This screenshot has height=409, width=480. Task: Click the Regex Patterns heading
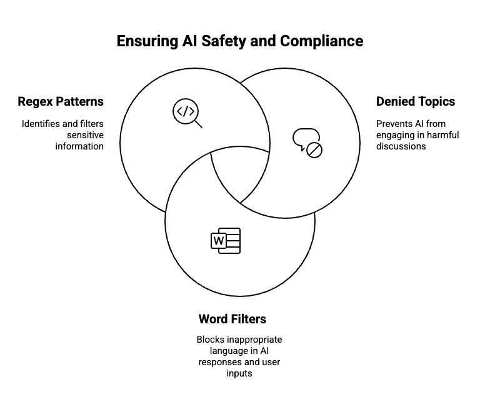point(61,101)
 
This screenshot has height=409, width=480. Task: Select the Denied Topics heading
point(415,101)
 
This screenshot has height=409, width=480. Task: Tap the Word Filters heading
point(232,319)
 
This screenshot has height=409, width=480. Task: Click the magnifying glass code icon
point(187,114)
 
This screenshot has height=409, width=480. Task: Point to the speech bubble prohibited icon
point(307,142)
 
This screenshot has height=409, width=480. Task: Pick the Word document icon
point(226,241)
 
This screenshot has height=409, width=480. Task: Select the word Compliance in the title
point(321,41)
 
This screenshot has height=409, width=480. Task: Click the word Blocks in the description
point(209,340)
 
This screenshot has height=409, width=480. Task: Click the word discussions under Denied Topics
point(401,146)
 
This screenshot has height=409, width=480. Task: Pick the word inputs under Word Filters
point(239,373)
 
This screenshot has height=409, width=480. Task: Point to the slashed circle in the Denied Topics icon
point(314,149)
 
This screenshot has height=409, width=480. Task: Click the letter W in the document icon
point(219,241)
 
